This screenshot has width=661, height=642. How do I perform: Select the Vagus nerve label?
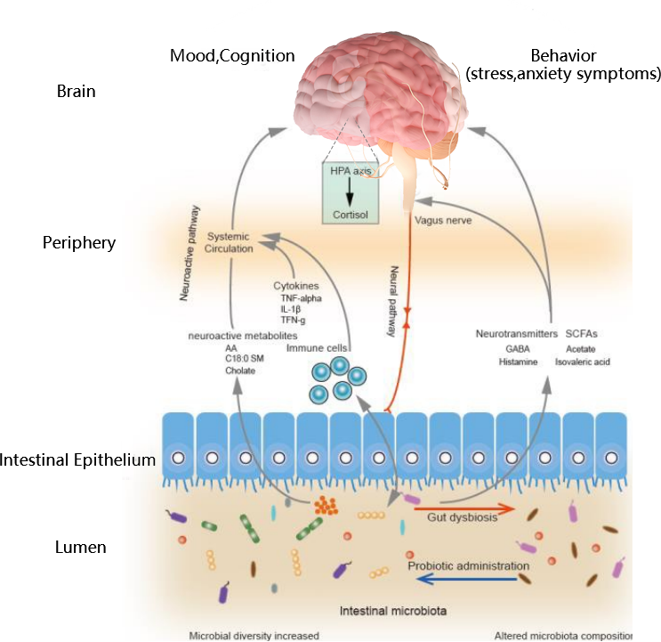coord(443,218)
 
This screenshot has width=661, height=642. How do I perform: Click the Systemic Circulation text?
coord(230,242)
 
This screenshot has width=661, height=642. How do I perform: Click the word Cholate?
coord(240,370)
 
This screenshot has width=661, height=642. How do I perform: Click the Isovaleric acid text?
coord(583,362)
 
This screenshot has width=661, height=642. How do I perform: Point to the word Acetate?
coord(580,349)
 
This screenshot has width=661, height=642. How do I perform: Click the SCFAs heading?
coord(583,333)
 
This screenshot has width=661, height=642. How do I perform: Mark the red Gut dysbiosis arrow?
coord(464,509)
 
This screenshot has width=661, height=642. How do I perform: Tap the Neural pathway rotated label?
coord(391,299)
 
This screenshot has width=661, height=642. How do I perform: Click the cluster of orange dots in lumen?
coord(326,507)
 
